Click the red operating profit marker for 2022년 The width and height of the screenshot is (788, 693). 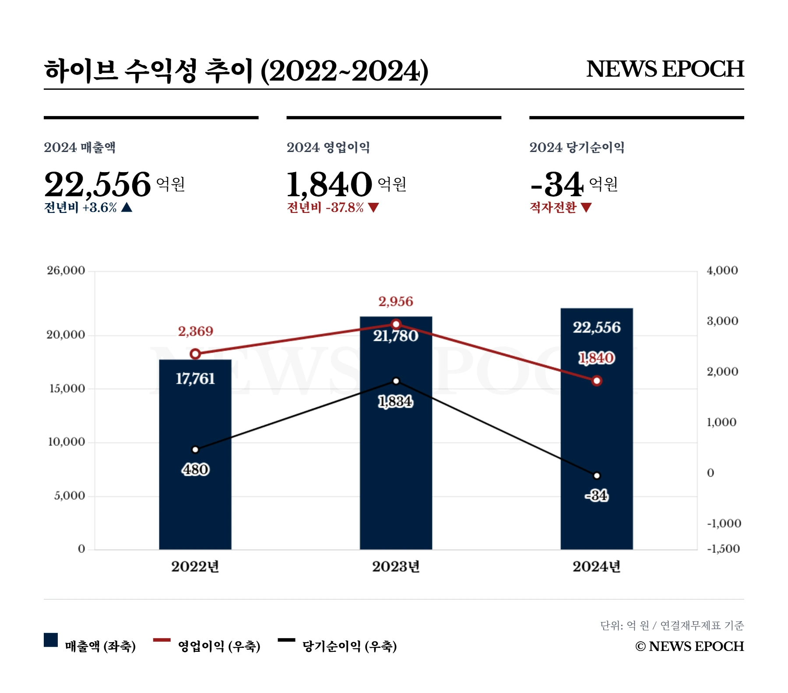[196, 354]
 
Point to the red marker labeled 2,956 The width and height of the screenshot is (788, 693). [396, 324]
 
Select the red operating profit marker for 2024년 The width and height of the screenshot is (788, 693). [597, 381]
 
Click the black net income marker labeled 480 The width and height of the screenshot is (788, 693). [196, 449]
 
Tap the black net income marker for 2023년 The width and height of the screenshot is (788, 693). [396, 381]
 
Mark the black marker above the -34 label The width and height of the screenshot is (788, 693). [597, 475]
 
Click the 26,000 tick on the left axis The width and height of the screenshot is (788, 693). [66, 270]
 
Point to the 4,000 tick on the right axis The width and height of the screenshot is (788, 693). [722, 270]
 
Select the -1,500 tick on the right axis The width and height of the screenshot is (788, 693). [723, 548]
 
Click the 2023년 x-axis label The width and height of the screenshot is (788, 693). [396, 566]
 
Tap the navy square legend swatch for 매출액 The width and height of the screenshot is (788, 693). [51, 640]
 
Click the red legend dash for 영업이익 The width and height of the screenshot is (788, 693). [162, 640]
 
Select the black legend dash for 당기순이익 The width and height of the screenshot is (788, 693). [286, 640]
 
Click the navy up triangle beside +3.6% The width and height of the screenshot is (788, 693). [127, 207]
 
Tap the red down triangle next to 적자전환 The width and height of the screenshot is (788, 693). [586, 207]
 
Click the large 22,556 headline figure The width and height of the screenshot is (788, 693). [98, 184]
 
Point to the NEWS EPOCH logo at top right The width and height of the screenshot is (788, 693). [665, 69]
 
